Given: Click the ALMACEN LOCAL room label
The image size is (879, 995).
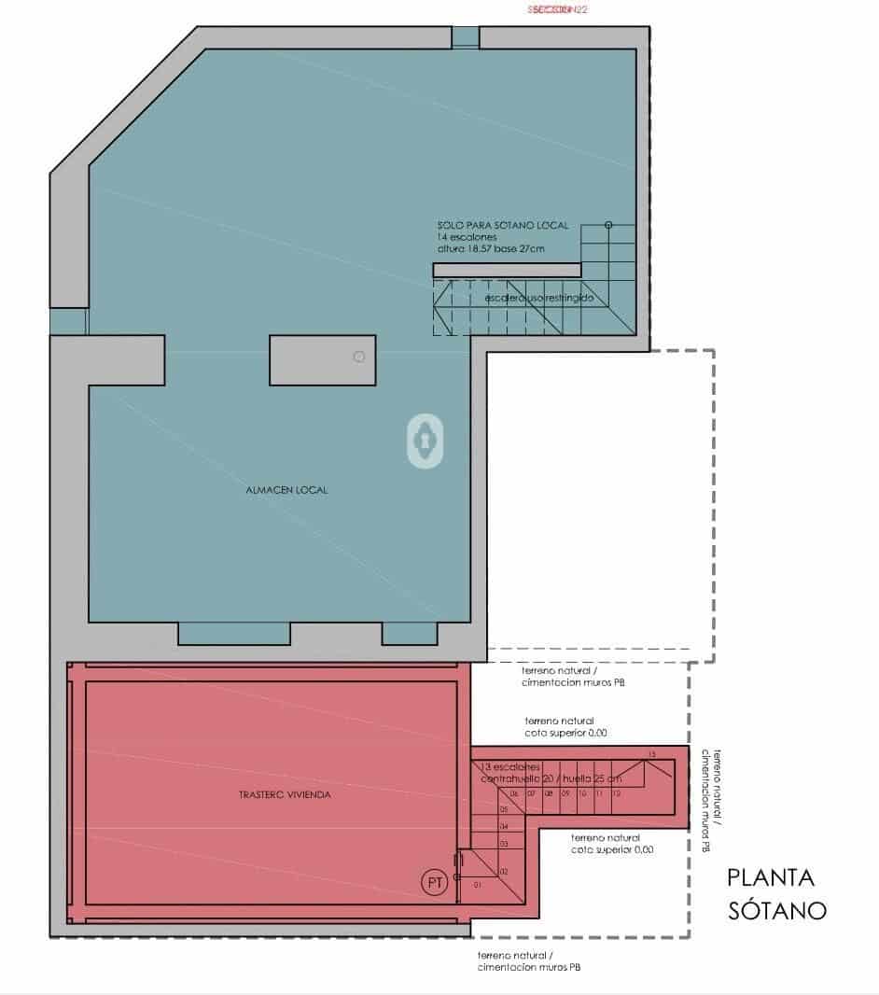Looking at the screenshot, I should (x=286, y=490).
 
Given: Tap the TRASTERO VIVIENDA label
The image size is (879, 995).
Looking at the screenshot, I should (x=279, y=796).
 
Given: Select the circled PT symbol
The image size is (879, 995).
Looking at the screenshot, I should (x=434, y=882).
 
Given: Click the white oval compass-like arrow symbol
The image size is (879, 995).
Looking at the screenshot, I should (x=425, y=440).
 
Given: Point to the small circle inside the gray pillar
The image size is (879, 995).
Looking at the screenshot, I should (x=358, y=357).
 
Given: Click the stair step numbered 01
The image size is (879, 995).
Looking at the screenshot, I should (x=479, y=883).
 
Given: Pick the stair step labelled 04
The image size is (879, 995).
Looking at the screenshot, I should (x=504, y=827).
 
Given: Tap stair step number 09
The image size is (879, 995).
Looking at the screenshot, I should (x=565, y=793).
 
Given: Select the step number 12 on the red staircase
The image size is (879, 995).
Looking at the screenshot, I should (x=617, y=793).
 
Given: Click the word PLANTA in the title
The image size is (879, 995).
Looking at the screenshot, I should (x=771, y=878).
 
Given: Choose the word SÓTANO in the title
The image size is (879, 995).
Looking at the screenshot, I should (x=776, y=911).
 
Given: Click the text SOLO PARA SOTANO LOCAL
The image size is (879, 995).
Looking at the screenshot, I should (x=503, y=225).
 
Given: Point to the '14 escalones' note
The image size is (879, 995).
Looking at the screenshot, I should (x=468, y=238).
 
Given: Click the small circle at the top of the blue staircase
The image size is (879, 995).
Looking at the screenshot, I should (x=608, y=225).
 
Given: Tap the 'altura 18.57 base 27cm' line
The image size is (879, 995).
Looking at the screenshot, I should (x=491, y=250).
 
